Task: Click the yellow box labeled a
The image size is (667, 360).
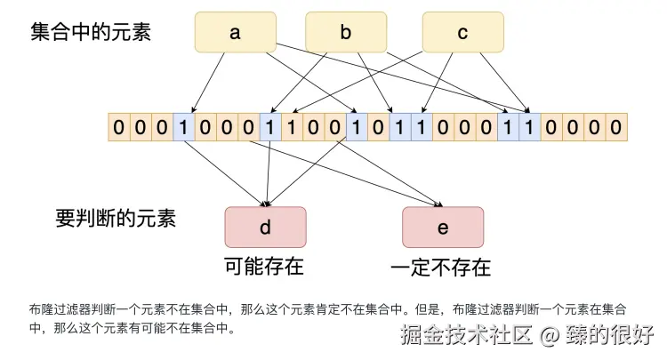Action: (235, 33)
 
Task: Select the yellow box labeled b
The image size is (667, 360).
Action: (346, 33)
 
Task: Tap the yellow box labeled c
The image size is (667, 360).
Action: (462, 33)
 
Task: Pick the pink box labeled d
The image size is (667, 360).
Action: (265, 227)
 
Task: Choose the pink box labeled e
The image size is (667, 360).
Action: (443, 227)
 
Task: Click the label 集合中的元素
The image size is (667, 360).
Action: (92, 33)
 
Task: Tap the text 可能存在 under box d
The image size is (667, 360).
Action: (263, 266)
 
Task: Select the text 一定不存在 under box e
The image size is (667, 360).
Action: (441, 267)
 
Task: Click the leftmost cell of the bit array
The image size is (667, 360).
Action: (118, 126)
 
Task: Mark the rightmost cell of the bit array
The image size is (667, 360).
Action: (617, 126)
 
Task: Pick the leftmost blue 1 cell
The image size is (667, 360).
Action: (183, 126)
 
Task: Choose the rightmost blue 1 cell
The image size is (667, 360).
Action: (531, 126)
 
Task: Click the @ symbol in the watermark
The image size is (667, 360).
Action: (550, 336)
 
